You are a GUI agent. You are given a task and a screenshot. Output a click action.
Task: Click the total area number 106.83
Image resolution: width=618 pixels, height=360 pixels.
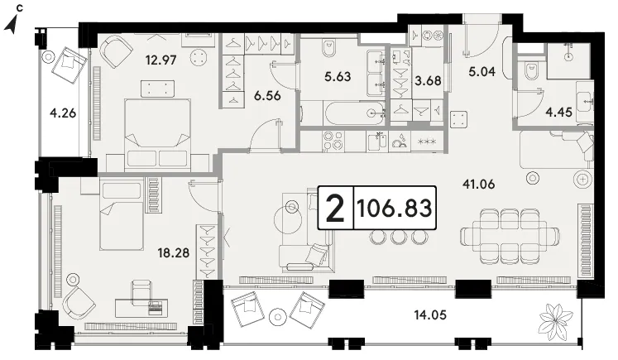[x=394, y=208]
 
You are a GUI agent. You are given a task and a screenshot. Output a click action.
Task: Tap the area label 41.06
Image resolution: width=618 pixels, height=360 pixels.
[x=478, y=184]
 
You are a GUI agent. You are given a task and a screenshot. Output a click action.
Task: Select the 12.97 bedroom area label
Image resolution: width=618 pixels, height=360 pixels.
[x=160, y=60]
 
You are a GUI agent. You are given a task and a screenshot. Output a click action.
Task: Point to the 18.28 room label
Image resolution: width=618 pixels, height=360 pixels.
[x=174, y=252]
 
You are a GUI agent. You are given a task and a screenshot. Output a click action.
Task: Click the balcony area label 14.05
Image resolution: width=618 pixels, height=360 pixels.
[x=430, y=314]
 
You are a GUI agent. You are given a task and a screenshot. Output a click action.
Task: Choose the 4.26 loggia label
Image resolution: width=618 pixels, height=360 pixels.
[x=63, y=113]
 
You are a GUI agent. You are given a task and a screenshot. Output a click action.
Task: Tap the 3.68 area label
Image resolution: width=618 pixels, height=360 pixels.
[x=428, y=81]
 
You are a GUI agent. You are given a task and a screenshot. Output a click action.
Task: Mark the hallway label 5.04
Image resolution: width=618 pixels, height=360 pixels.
[x=482, y=71]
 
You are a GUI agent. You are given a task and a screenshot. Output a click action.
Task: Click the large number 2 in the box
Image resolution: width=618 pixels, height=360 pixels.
[x=335, y=208]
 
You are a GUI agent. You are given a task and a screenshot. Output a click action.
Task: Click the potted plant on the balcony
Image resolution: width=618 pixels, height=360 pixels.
[x=556, y=318]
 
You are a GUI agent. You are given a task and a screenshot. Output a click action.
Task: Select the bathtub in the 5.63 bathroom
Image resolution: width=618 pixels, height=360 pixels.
[x=354, y=113]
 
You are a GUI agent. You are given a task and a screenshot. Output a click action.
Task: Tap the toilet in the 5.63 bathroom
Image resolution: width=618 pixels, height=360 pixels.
[x=328, y=47]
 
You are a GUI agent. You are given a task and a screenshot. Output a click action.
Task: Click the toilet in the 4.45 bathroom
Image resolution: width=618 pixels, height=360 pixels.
[x=532, y=71]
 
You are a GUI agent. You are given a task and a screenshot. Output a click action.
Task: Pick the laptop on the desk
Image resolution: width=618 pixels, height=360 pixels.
[x=156, y=307]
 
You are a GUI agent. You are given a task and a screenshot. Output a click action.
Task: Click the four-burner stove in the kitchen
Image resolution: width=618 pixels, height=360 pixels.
[x=333, y=142]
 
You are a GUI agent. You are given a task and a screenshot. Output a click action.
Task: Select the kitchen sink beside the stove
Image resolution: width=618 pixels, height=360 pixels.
[x=377, y=142]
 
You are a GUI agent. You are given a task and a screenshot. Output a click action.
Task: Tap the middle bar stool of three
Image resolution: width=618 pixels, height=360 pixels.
[x=399, y=237]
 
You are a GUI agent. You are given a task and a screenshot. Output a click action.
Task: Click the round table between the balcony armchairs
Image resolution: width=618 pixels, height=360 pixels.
[x=278, y=317]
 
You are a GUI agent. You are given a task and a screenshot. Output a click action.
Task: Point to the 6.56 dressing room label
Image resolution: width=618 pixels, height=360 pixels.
[x=267, y=95]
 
